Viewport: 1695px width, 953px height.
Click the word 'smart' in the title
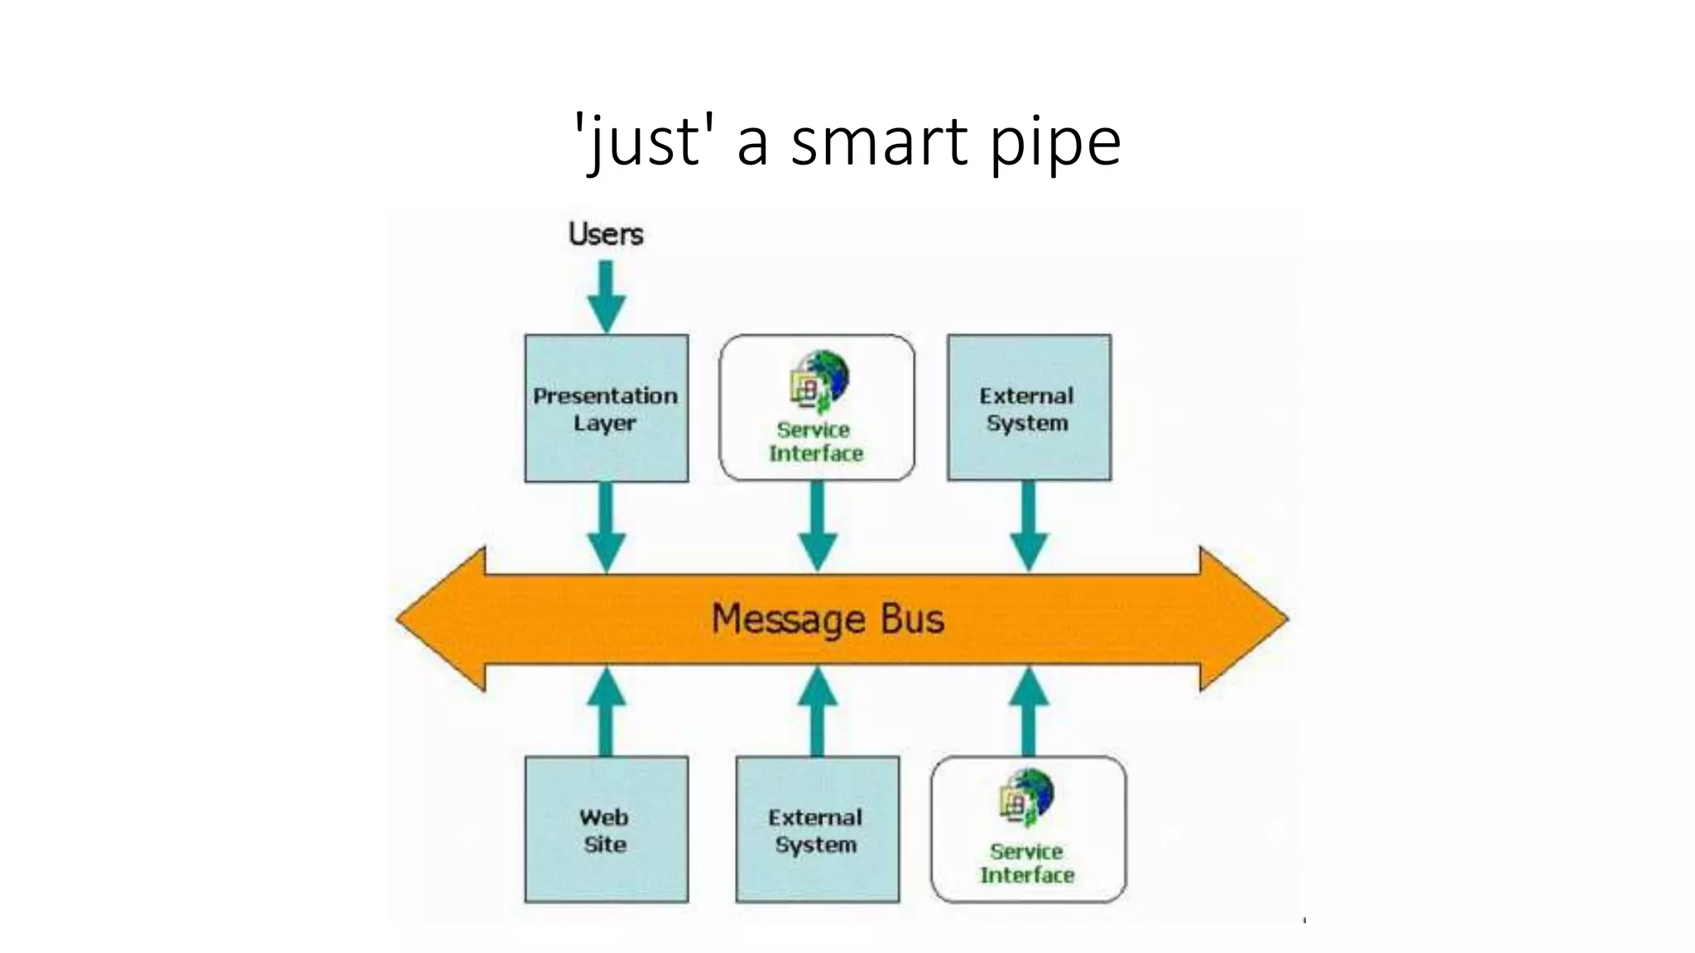coord(879,141)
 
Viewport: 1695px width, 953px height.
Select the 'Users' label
coord(606,234)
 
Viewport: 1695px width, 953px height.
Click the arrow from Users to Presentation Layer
coord(606,296)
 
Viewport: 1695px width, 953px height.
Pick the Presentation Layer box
coord(606,408)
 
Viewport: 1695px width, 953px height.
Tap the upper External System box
coord(1029,408)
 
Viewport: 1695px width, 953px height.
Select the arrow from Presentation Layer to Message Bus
coord(606,526)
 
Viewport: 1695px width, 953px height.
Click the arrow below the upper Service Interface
coord(818,526)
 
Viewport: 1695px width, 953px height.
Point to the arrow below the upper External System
coord(1029,526)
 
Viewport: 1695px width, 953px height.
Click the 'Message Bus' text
coord(828,620)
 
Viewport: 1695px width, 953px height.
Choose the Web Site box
coord(606,830)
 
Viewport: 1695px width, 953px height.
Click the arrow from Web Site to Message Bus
coord(606,712)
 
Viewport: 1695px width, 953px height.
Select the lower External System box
coord(817,830)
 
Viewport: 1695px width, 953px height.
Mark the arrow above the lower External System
coord(817,712)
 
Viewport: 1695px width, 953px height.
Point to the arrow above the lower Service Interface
coord(1029,712)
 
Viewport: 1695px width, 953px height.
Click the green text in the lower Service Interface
coord(1027,864)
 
